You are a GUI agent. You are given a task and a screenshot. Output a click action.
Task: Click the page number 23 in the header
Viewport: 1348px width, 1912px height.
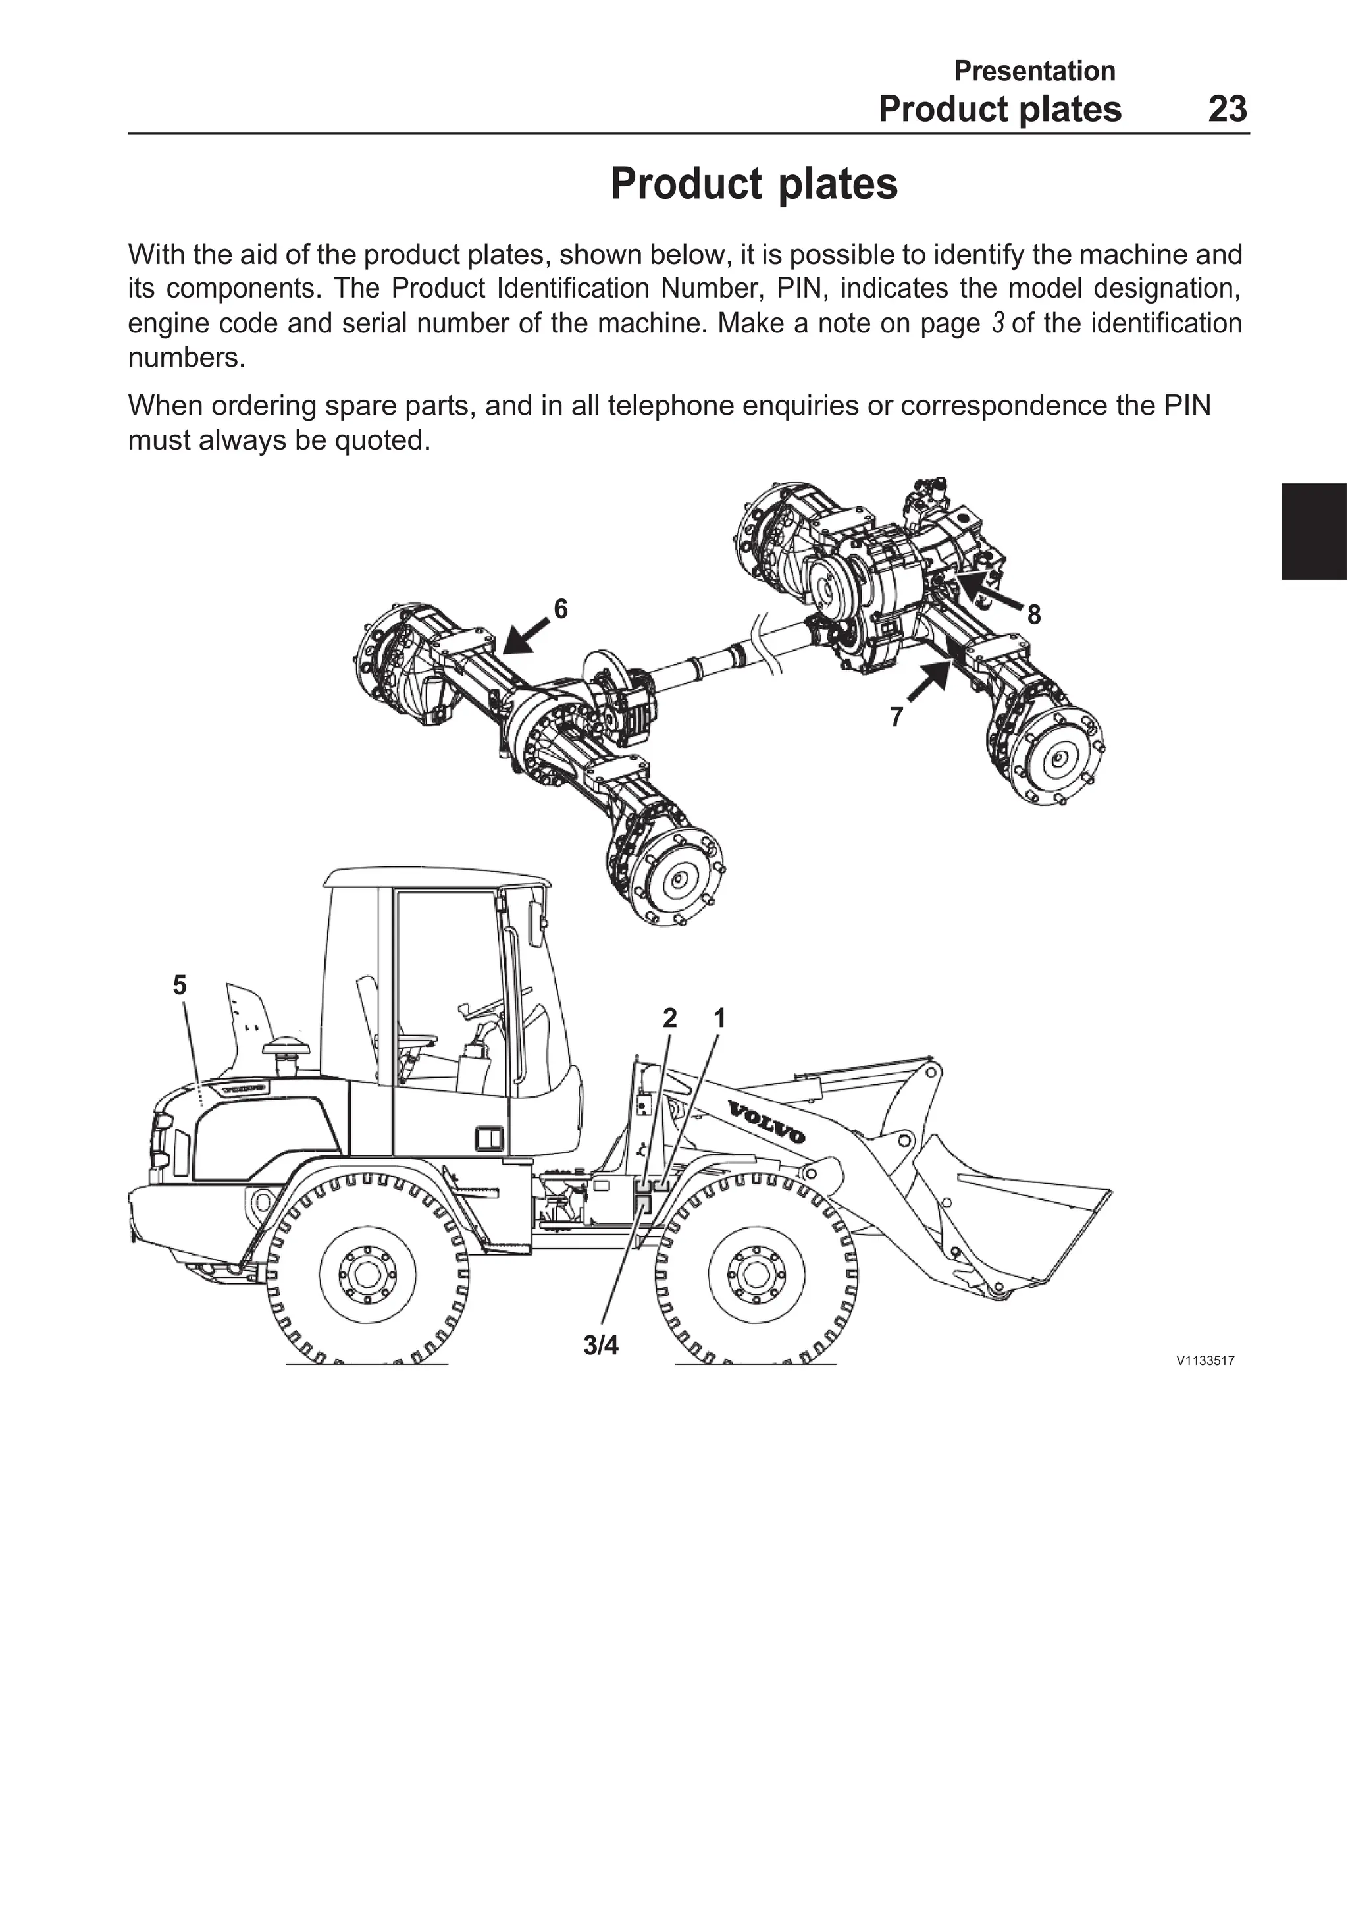pos(1228,110)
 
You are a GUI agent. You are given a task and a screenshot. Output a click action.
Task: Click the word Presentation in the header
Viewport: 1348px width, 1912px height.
pos(1034,71)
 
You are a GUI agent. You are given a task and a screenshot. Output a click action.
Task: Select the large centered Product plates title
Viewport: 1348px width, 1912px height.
pos(754,184)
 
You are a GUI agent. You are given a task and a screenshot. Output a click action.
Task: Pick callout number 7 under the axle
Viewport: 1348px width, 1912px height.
pos(896,717)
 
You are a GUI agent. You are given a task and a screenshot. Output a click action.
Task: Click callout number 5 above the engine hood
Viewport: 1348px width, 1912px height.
pos(180,985)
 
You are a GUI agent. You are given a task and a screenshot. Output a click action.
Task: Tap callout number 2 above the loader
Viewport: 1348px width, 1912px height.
pos(669,1018)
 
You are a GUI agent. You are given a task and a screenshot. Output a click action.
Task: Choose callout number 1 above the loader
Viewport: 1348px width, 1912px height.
pos(719,1018)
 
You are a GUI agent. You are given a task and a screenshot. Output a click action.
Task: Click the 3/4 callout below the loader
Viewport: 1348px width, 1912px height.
pos(600,1346)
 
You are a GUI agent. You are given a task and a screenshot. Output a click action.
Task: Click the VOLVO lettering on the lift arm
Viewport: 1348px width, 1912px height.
pos(767,1122)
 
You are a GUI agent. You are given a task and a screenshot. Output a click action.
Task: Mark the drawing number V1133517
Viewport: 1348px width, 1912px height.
pos(1204,1361)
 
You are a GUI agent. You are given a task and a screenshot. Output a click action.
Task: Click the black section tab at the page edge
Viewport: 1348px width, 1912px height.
pos(1314,531)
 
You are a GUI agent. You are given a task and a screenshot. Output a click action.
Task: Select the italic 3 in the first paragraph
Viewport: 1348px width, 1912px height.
pos(997,323)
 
